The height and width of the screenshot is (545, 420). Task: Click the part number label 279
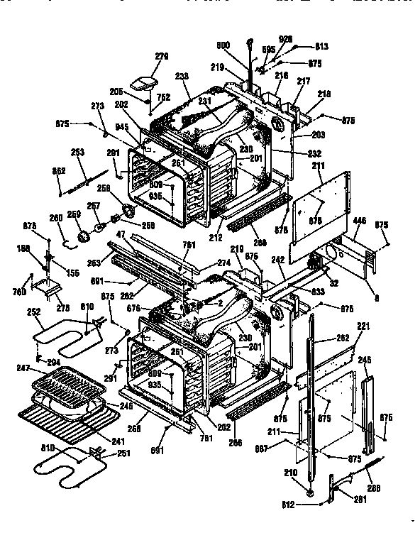(162, 56)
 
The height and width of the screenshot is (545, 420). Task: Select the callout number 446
(360, 222)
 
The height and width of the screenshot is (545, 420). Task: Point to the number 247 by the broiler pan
(24, 369)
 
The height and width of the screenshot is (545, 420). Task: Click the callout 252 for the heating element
(33, 312)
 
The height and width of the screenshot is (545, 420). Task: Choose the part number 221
(363, 326)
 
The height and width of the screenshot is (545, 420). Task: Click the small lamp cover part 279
(148, 83)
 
